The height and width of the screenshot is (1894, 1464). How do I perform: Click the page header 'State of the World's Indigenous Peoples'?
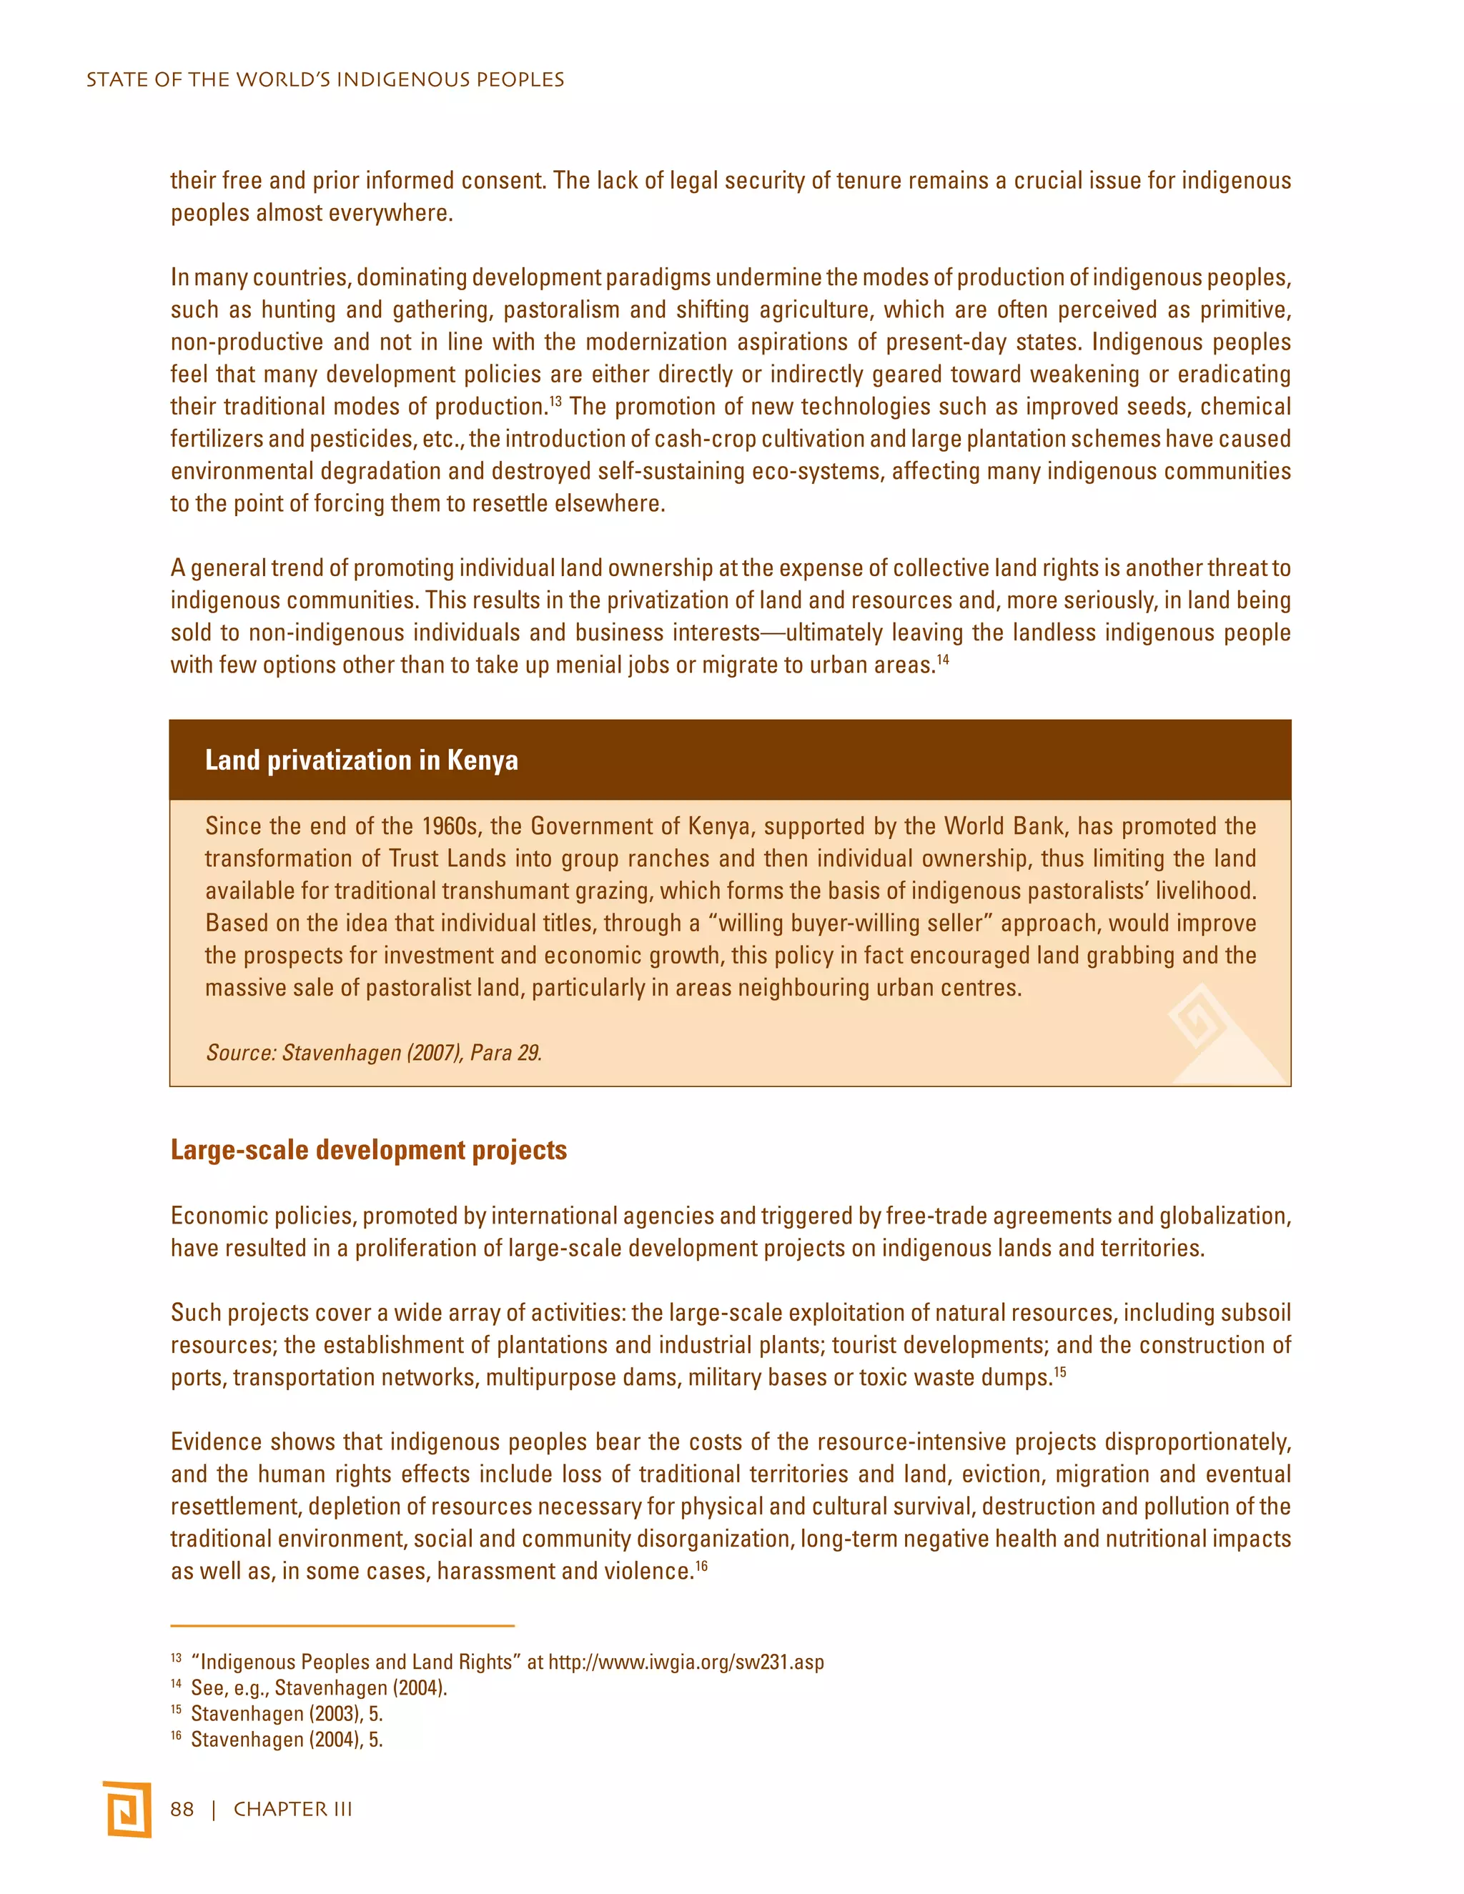tap(325, 80)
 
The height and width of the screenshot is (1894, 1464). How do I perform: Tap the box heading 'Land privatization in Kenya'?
tap(362, 760)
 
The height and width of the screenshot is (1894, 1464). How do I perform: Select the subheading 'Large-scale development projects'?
tap(369, 1150)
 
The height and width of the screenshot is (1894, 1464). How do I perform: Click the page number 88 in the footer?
tap(182, 1809)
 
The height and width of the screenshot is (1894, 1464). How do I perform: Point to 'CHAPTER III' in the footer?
tap(293, 1809)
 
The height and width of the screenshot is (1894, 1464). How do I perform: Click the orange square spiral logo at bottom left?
tap(127, 1809)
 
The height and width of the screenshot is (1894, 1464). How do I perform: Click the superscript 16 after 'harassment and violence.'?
tap(702, 1565)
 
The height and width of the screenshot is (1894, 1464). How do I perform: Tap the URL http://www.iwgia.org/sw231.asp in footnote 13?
tap(686, 1662)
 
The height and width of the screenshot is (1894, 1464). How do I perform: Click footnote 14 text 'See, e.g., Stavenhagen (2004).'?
tap(318, 1687)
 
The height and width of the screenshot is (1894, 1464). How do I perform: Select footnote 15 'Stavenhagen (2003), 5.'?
tap(286, 1714)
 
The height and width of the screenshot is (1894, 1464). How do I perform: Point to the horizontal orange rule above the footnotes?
tap(342, 1625)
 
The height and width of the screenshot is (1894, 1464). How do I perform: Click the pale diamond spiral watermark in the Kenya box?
tap(1200, 1020)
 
